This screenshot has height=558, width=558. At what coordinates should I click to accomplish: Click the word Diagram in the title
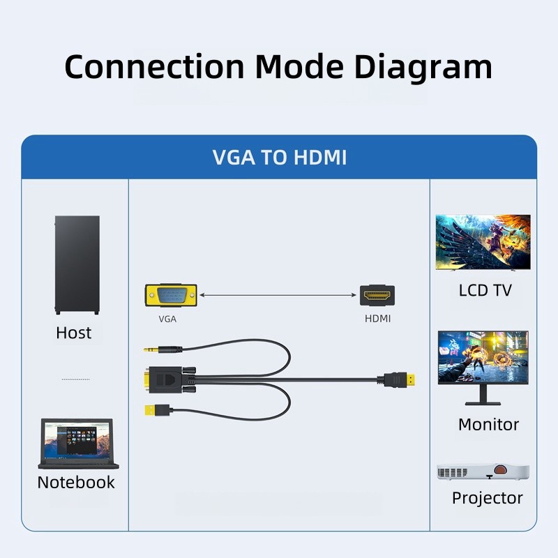pyautogui.click(x=423, y=67)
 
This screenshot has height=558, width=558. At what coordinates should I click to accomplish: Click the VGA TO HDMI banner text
pyautogui.click(x=279, y=157)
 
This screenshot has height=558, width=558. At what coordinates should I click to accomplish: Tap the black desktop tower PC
pyautogui.click(x=77, y=264)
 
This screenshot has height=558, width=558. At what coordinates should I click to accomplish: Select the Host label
pyautogui.click(x=74, y=333)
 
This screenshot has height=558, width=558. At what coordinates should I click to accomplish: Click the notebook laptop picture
pyautogui.click(x=77, y=444)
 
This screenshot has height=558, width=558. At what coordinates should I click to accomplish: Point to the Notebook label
pyautogui.click(x=76, y=482)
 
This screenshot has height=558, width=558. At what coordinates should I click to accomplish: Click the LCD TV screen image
pyautogui.click(x=483, y=242)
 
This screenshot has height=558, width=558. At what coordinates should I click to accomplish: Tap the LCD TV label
pyautogui.click(x=485, y=290)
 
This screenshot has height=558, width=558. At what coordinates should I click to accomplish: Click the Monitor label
pyautogui.click(x=488, y=424)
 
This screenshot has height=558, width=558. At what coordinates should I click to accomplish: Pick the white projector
pyautogui.click(x=483, y=472)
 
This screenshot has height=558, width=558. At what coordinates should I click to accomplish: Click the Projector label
pyautogui.click(x=487, y=498)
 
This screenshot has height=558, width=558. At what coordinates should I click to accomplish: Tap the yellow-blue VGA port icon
pyautogui.click(x=171, y=296)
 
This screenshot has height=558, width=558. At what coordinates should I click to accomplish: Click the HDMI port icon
pyautogui.click(x=377, y=296)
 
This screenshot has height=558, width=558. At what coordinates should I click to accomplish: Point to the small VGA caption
pyautogui.click(x=167, y=319)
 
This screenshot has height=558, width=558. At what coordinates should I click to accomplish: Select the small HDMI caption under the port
pyautogui.click(x=377, y=319)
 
